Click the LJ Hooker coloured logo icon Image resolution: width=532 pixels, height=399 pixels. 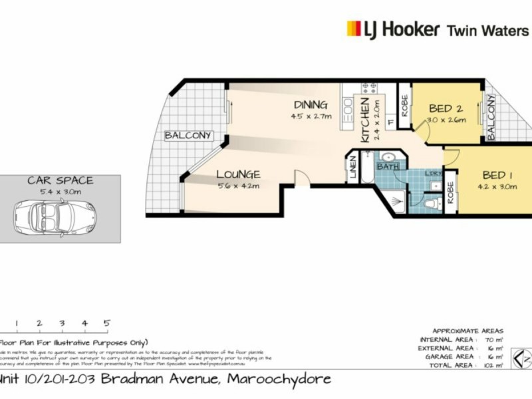[354, 29]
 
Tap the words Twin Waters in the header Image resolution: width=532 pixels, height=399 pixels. [487, 30]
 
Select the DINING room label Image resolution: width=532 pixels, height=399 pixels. [311, 105]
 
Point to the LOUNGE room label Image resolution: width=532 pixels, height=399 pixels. [237, 175]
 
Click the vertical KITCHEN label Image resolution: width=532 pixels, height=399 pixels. [364, 120]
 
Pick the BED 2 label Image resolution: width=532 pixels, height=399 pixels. [446, 108]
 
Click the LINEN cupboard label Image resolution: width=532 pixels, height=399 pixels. [352, 167]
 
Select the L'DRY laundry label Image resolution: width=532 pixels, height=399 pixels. [433, 174]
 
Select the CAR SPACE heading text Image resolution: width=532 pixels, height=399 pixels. [60, 180]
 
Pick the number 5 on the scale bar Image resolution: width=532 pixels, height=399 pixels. [106, 323]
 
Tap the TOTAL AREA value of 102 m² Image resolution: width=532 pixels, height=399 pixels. [493, 365]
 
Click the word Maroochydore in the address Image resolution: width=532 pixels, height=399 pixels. [279, 380]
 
